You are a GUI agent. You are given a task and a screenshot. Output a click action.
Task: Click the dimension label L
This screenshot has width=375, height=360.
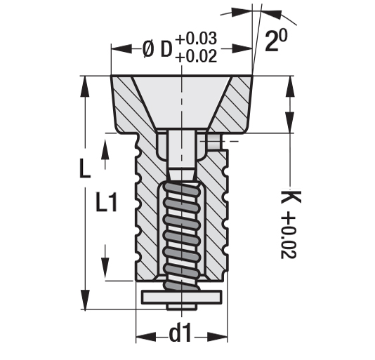pos(84,169)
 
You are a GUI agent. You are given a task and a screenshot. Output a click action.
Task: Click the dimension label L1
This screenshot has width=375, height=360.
pos(107,204)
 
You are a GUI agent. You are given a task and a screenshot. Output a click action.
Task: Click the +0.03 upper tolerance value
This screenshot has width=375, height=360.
pos(197,39)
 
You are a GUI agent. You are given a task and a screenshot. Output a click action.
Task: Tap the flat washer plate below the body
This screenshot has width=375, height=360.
pos(180,297)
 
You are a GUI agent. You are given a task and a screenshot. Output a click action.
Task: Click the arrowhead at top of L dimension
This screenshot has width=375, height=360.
pos(86,83)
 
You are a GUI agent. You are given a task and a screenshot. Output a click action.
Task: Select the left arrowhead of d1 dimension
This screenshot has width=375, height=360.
pos(141,335)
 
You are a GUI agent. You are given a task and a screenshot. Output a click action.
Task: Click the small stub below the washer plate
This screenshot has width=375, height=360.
pos(180,307)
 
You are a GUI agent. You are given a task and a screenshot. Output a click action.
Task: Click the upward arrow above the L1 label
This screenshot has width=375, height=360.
pos(105,148)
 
